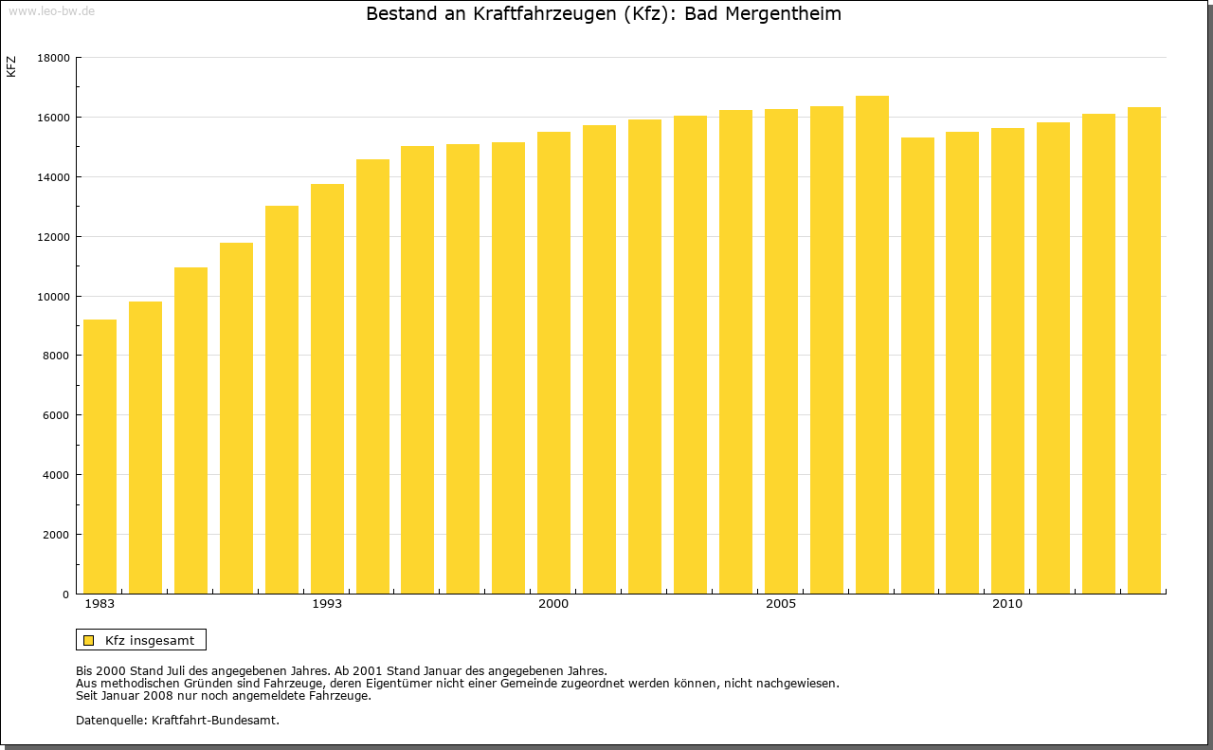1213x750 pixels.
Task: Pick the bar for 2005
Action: [781, 352]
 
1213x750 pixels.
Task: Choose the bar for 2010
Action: [1007, 361]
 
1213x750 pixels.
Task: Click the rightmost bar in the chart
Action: [1144, 351]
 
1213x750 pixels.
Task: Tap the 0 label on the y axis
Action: [66, 595]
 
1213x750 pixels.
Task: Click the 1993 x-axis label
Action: [327, 604]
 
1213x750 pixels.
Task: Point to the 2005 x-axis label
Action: [781, 604]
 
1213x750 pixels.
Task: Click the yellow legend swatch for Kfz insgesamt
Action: [88, 640]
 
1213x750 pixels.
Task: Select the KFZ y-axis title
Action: [11, 66]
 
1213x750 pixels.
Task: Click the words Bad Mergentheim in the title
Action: [763, 14]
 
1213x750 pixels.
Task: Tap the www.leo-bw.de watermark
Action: [51, 9]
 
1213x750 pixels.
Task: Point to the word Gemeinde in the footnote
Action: [542, 683]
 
